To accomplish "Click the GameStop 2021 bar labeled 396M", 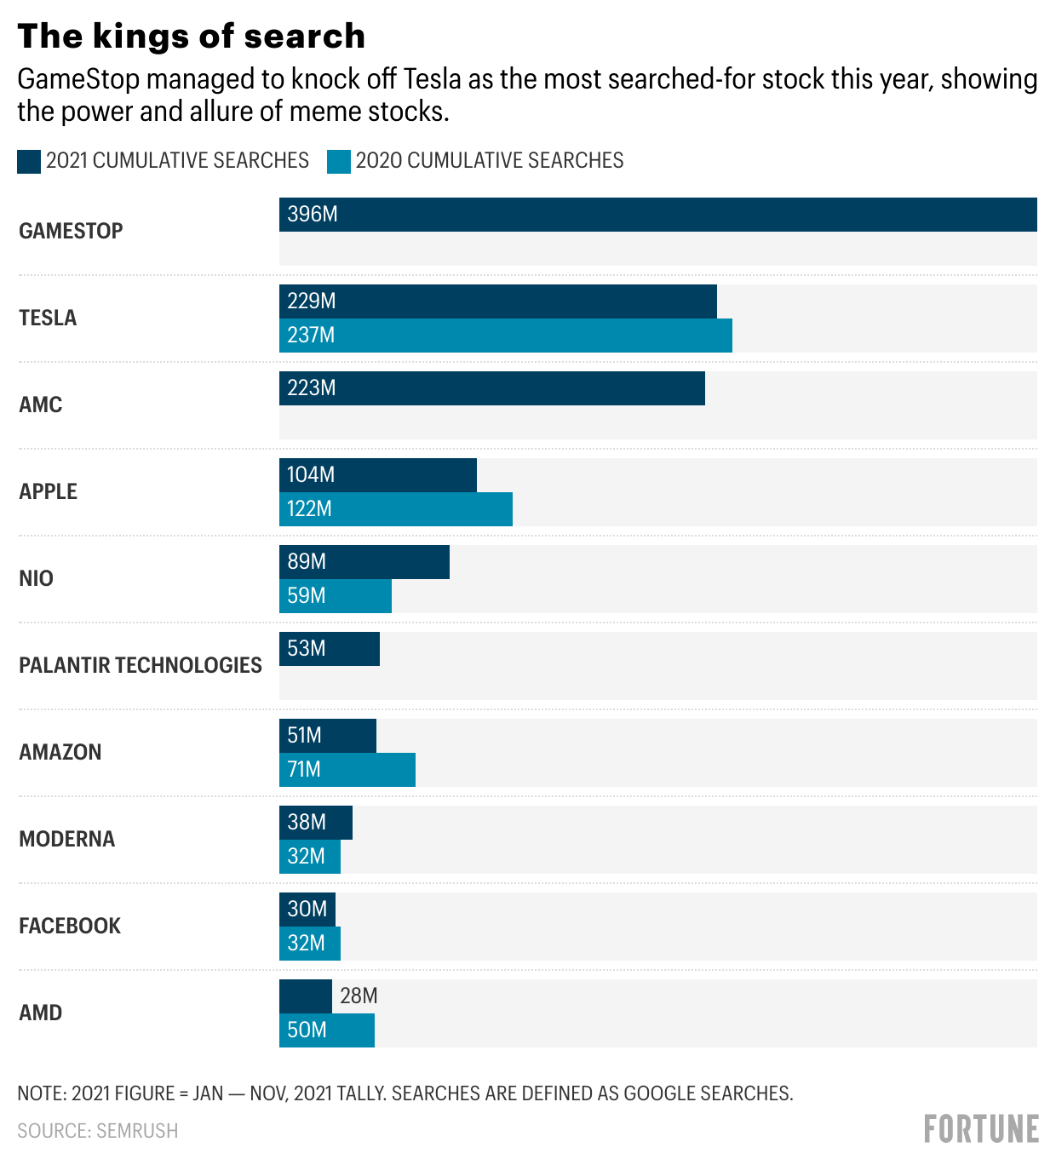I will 657,215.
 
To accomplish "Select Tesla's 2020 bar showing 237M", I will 505,336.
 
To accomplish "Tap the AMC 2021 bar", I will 491,388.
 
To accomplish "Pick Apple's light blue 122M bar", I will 395,509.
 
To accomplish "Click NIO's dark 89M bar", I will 364,562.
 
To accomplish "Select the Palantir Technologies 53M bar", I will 329,649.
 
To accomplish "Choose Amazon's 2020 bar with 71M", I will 347,770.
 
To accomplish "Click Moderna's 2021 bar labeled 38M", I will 315,823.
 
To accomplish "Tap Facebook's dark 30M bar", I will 307,910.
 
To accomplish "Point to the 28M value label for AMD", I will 359,996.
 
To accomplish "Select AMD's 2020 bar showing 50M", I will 326,1030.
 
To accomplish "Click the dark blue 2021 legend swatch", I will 29,161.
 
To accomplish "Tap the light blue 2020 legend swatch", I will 339,161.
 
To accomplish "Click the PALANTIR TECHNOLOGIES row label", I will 141,665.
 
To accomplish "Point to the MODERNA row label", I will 66,839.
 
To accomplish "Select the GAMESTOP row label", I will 71,231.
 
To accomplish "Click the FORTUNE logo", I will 981,1129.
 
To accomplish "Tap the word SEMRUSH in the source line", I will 137,1131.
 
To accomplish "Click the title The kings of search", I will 192,36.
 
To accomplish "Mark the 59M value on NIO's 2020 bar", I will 307,596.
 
